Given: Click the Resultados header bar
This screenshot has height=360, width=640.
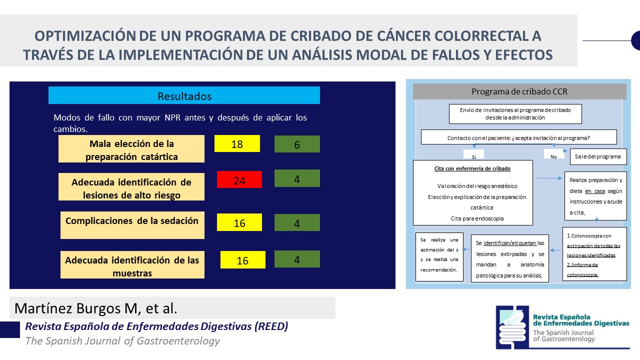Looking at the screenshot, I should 184,95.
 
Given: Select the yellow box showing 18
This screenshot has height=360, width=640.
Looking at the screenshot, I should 237,144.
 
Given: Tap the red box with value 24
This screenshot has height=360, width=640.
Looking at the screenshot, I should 239,179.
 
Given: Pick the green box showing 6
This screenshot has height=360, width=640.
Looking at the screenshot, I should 297,144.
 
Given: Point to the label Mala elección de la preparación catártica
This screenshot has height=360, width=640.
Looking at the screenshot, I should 131,149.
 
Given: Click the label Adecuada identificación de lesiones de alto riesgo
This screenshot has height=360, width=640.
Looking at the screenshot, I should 131,187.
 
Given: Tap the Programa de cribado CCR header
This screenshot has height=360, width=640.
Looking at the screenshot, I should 519,91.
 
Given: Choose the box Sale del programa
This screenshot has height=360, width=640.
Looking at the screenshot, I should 598,156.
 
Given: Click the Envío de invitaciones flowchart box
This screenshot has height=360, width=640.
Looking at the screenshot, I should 514,113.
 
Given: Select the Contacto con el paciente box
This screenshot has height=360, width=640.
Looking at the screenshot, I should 518,137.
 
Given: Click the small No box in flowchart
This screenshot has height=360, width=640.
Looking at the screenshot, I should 553,156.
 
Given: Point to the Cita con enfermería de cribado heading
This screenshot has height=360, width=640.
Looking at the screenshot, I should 472,168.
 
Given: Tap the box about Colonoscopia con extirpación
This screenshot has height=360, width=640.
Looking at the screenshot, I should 594,254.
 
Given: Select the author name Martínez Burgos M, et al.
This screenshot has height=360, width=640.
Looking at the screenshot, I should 96,308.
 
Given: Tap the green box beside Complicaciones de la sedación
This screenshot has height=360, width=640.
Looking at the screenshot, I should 297,222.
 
